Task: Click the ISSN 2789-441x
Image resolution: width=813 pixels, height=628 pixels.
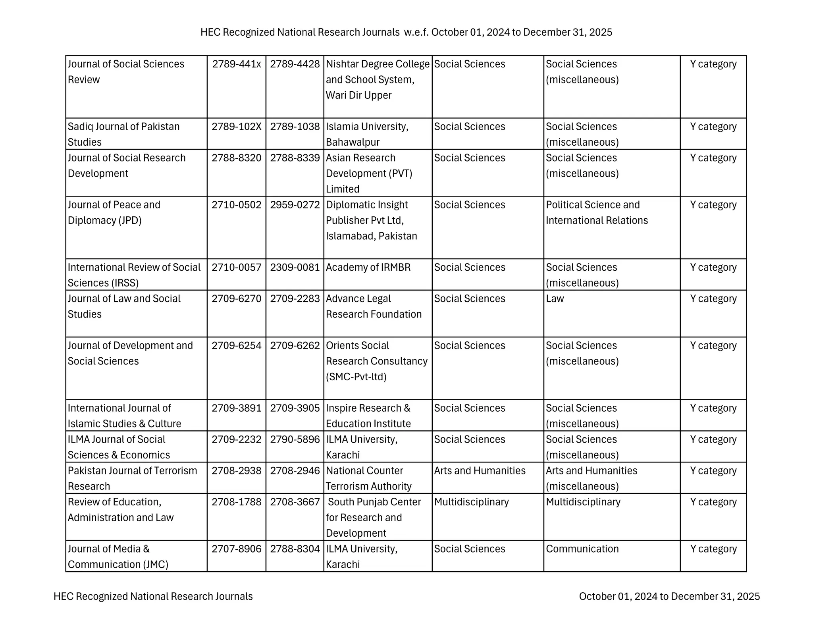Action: pyautogui.click(x=236, y=64)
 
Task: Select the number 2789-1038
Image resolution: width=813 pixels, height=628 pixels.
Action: pyautogui.click(x=295, y=127)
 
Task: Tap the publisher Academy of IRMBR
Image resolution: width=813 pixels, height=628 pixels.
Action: pyautogui.click(x=368, y=267)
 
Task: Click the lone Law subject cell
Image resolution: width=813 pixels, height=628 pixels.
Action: pyautogui.click(x=555, y=299)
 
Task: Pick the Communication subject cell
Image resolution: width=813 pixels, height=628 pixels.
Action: pyautogui.click(x=582, y=549)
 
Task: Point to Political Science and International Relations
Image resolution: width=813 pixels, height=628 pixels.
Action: pyautogui.click(x=596, y=212)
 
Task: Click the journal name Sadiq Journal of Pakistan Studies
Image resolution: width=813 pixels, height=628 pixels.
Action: pyautogui.click(x=123, y=134)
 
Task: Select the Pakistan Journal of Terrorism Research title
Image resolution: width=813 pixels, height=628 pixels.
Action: pyautogui.click(x=132, y=478)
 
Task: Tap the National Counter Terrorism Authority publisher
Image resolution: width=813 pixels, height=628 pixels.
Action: pyautogui.click(x=368, y=478)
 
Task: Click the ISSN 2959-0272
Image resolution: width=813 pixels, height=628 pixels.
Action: pyautogui.click(x=295, y=205)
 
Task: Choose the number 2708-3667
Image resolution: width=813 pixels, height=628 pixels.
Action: pyautogui.click(x=295, y=502)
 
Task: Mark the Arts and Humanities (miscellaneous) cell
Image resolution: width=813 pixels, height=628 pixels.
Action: pyautogui.click(x=591, y=478)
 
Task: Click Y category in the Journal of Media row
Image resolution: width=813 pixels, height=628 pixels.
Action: pyautogui.click(x=713, y=549)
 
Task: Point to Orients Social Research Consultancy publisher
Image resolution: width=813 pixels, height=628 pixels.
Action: pyautogui.click(x=376, y=361)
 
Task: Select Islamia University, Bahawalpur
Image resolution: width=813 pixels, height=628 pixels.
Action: pyautogui.click(x=367, y=134)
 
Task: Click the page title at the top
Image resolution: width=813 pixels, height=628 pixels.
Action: pyautogui.click(x=406, y=32)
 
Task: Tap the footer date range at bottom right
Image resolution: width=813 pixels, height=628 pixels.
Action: pyautogui.click(x=669, y=596)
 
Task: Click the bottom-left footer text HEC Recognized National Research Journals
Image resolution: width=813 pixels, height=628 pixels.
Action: pyautogui.click(x=153, y=596)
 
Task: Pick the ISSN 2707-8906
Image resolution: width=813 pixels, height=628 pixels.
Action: pyautogui.click(x=236, y=549)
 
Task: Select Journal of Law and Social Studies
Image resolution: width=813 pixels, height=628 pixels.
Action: pyautogui.click(x=124, y=306)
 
